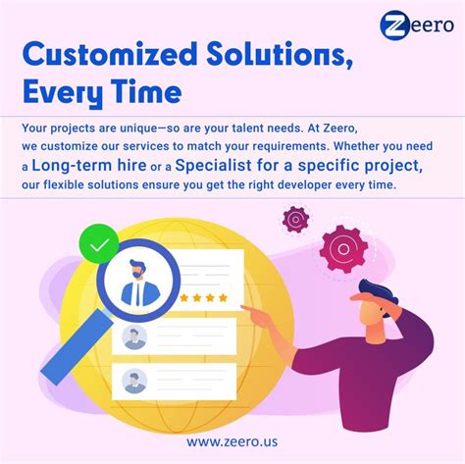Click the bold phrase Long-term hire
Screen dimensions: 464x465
[85, 169]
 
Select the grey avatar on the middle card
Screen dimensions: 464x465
[135, 336]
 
